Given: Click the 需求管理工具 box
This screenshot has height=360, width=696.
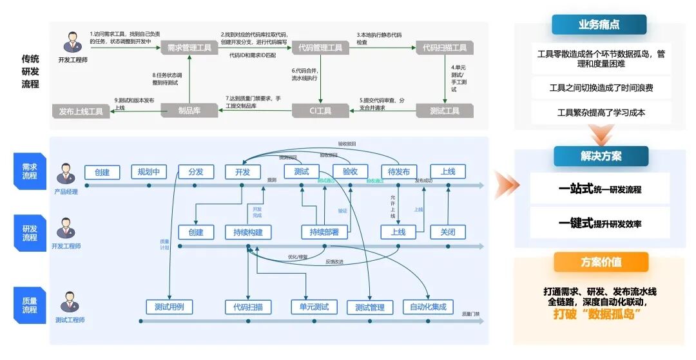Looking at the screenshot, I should [x=189, y=48].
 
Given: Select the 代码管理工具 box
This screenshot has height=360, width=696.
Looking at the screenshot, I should [x=321, y=48].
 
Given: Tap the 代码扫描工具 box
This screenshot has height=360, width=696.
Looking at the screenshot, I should [x=445, y=48].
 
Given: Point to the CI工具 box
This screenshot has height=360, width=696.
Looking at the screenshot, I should [x=320, y=111].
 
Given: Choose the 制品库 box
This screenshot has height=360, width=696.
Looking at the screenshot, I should [x=189, y=111].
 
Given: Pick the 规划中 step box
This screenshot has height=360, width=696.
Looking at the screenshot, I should [x=149, y=172].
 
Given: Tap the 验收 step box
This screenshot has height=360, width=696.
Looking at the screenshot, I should [x=350, y=172].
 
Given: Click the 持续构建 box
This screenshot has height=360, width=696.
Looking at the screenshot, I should [x=248, y=232].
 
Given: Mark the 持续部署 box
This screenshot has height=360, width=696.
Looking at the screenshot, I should [x=324, y=232].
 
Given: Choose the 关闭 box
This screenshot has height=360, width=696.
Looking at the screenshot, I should [x=447, y=232].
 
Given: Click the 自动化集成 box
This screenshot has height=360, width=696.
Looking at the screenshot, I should [x=428, y=307].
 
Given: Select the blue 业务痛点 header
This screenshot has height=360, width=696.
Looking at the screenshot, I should [x=599, y=24].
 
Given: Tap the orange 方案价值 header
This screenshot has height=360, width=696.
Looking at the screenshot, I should [x=600, y=262].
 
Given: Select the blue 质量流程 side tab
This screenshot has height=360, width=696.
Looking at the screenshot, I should [x=29, y=305].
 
